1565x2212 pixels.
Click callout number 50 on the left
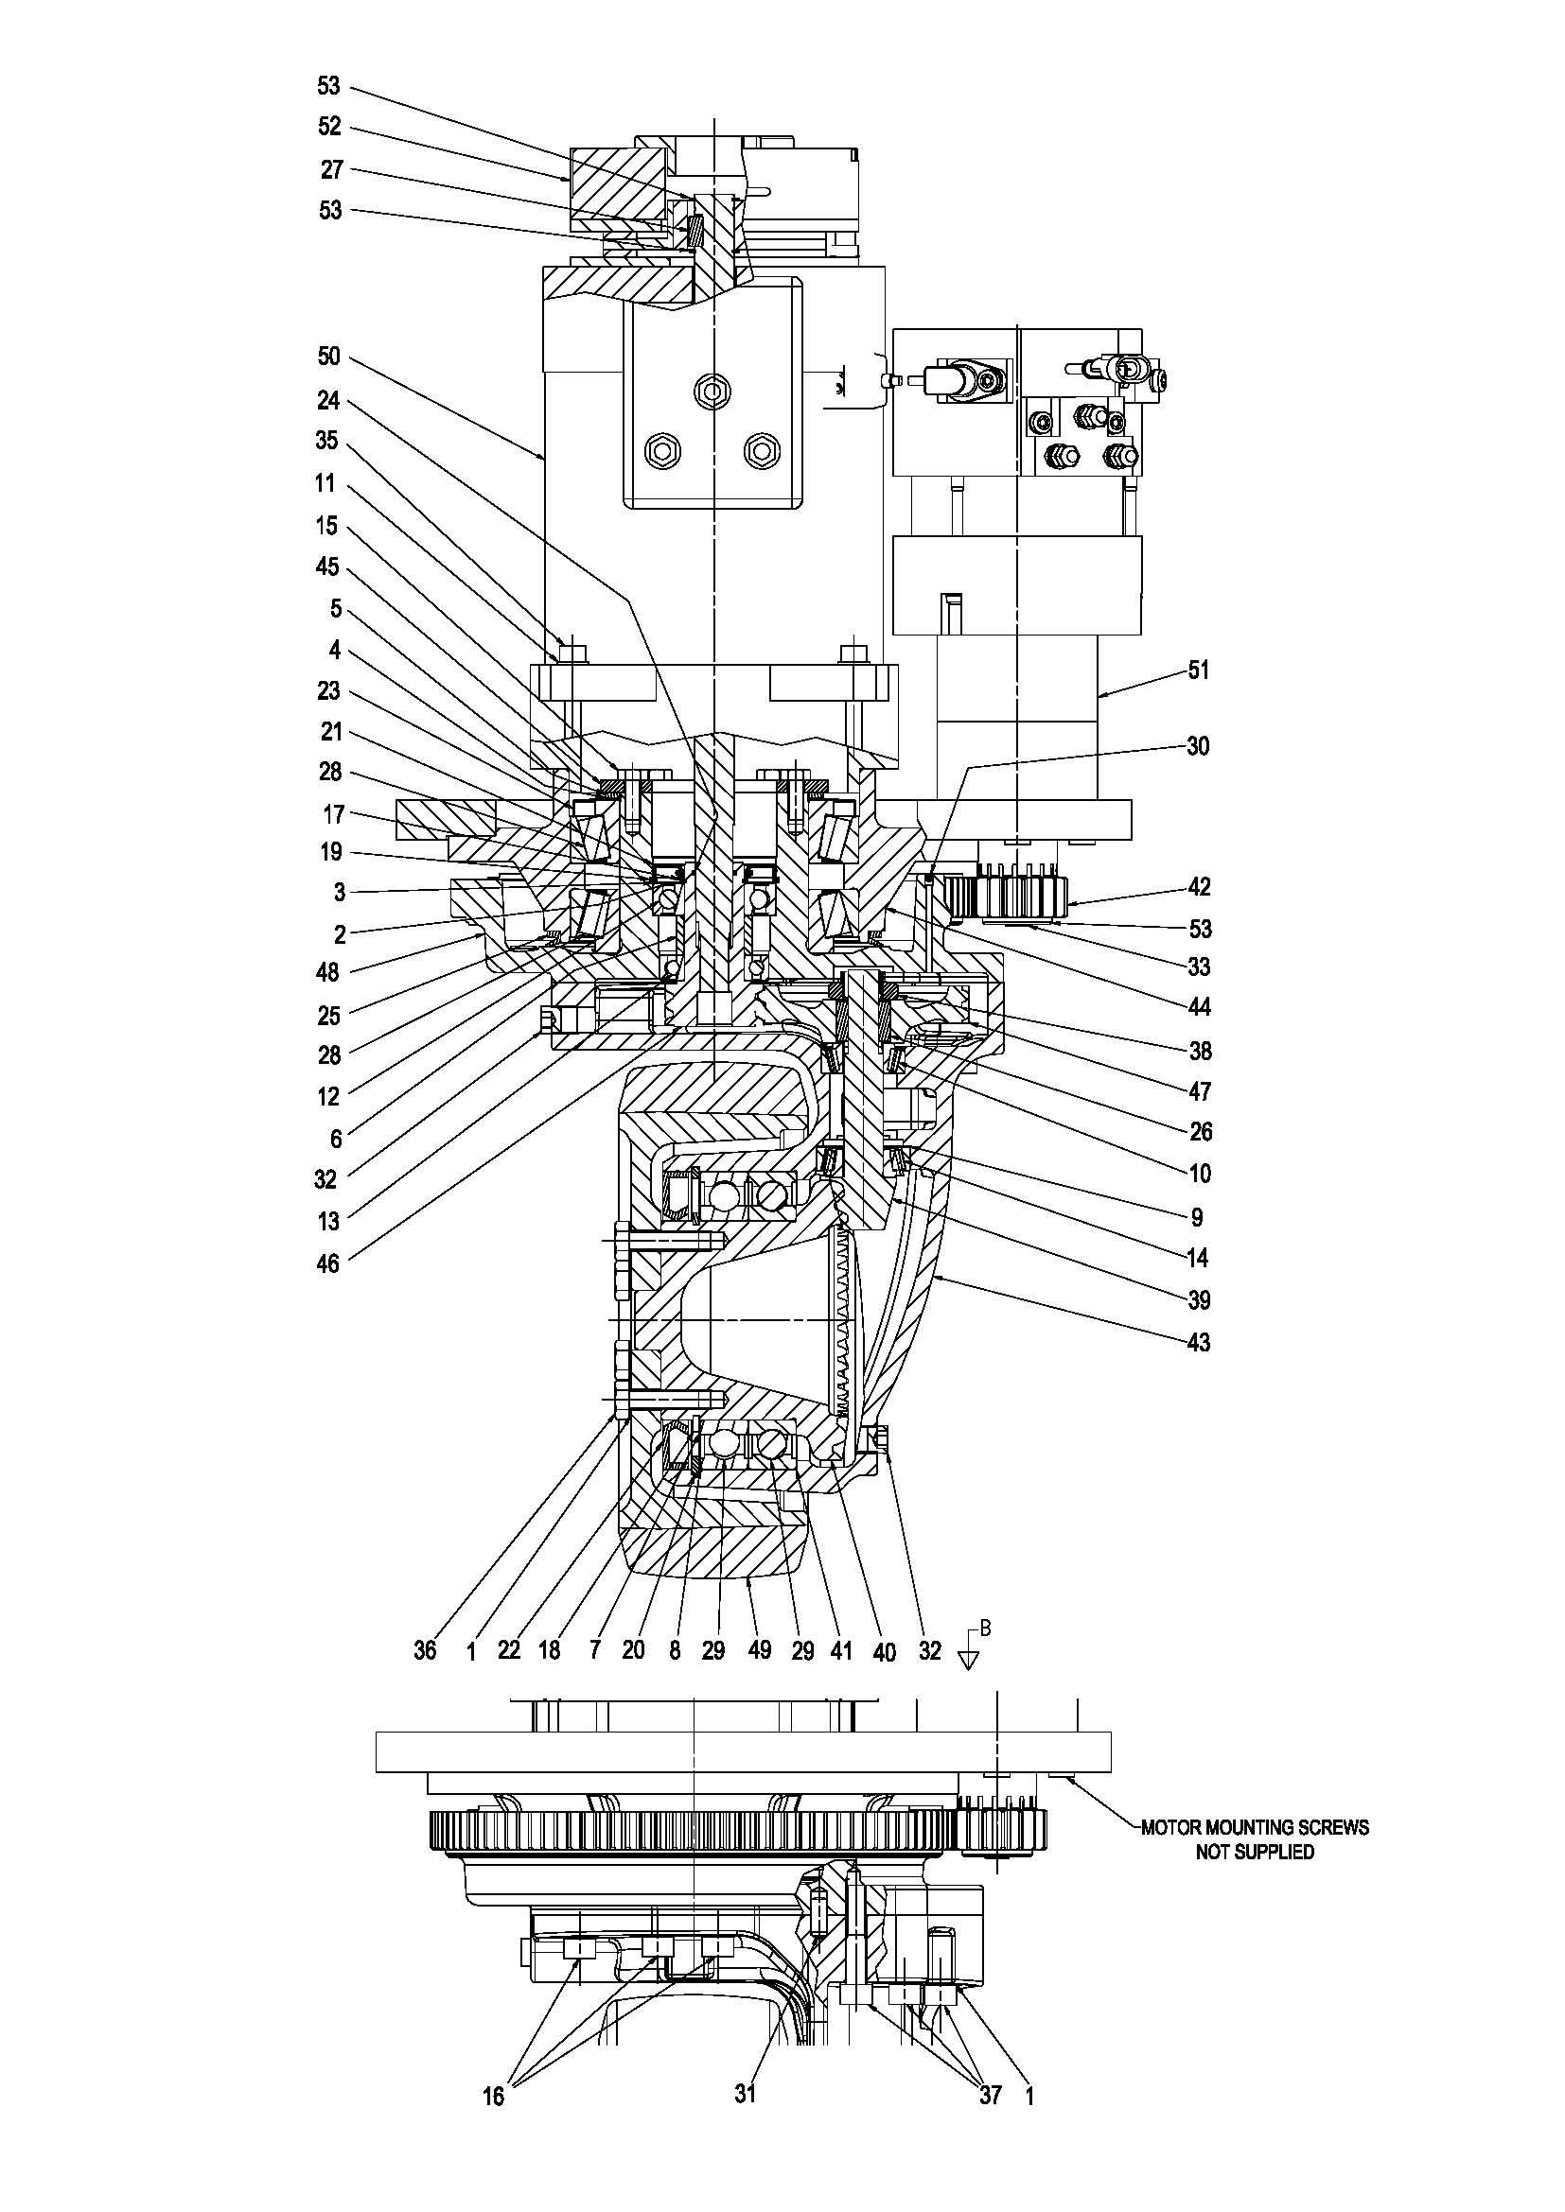coord(328,357)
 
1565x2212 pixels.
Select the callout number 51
coord(1198,670)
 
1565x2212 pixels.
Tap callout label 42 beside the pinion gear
coord(1198,886)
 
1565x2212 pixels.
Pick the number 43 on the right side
coord(1198,1342)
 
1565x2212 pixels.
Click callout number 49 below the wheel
coord(760,1650)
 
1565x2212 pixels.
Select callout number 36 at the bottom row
coord(425,1650)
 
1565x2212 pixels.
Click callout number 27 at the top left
coord(331,169)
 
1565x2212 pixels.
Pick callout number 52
coord(329,126)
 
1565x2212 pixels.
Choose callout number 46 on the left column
coord(328,1263)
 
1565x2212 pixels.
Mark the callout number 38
coord(1198,1050)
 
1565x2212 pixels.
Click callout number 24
coord(328,399)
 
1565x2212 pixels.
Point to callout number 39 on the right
coord(1198,1299)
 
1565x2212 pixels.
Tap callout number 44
coord(1198,1008)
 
